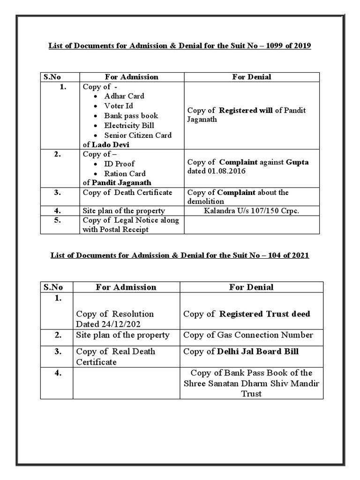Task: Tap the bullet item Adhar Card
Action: pos(124,96)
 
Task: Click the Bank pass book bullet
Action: pos(131,116)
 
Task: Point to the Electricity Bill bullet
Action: pos(129,126)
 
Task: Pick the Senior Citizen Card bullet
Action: pos(138,135)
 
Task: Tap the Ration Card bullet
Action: pos(125,173)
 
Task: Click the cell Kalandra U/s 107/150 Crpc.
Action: pos(251,211)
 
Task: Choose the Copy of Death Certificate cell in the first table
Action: pos(127,193)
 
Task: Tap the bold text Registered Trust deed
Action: pos(264,314)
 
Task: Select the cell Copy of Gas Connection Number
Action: pos(248,335)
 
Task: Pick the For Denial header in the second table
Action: pos(251,287)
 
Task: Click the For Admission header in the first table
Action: pos(132,77)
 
